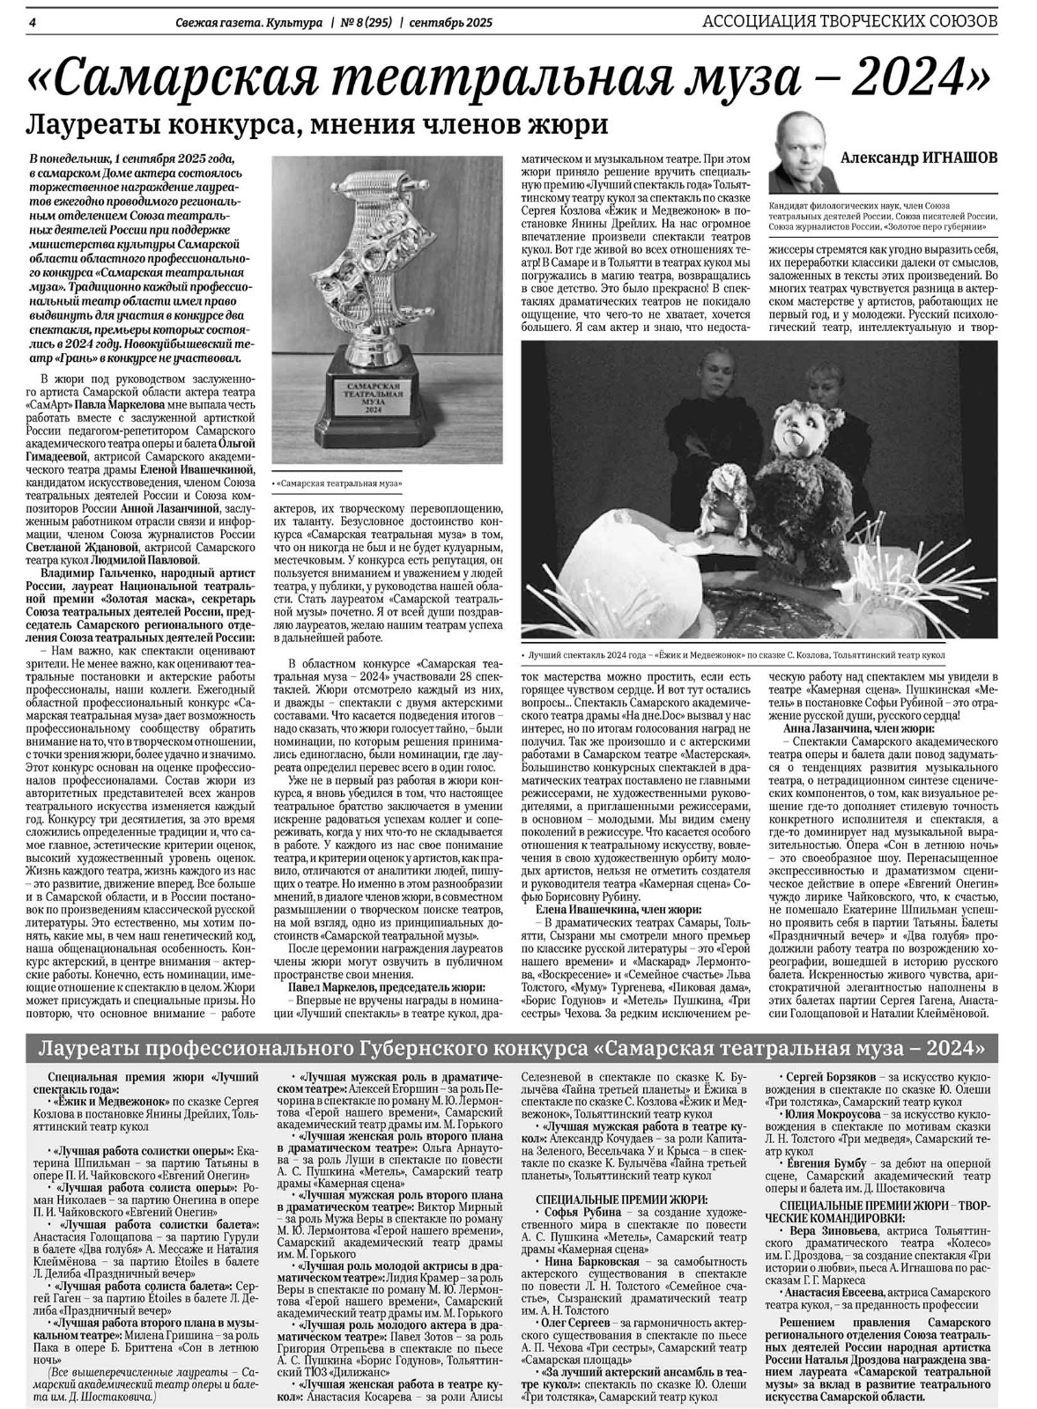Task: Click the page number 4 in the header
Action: click(x=32, y=21)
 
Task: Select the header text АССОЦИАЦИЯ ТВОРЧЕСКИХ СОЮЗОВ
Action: click(x=850, y=20)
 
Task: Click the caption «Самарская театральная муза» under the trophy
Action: click(x=339, y=484)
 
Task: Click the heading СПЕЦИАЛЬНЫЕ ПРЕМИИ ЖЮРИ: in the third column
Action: click(x=621, y=1199)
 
